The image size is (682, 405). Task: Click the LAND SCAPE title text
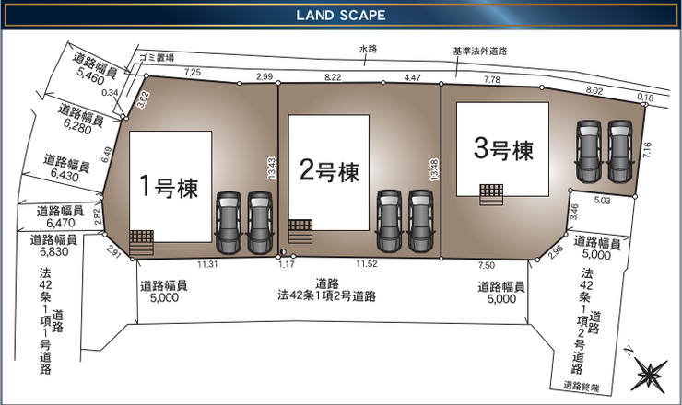[x=340, y=16]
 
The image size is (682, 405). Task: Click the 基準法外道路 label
[x=480, y=52]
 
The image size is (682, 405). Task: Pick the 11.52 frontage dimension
[x=366, y=264]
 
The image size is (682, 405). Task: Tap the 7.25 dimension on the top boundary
[x=193, y=72]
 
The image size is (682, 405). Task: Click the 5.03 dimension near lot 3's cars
[x=603, y=199]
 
